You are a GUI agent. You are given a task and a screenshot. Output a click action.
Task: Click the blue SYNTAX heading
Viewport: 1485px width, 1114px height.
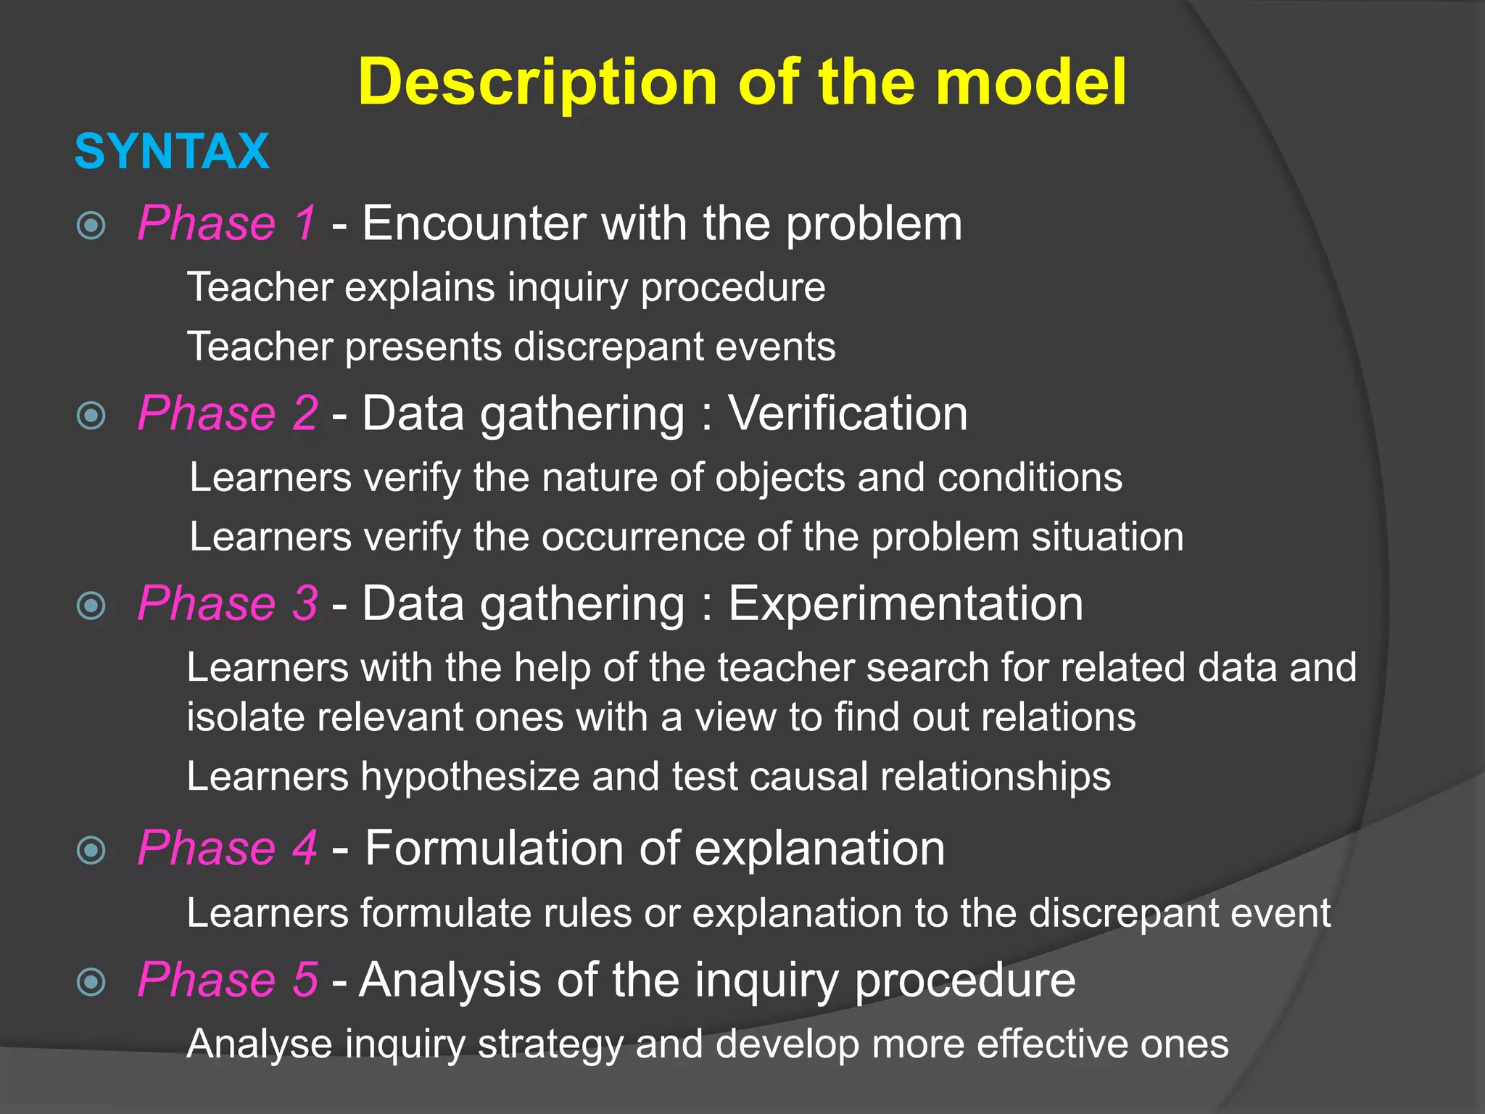point(172,152)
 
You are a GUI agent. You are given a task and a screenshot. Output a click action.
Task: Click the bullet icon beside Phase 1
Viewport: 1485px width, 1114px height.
point(91,226)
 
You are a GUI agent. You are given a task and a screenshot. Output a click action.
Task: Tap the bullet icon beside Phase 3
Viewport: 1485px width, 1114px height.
point(91,606)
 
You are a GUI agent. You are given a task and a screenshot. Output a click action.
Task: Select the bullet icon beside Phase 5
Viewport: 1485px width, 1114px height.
point(91,983)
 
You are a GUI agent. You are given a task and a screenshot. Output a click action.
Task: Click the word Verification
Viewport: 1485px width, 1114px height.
point(848,413)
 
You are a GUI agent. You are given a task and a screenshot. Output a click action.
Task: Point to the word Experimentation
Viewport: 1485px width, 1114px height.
point(906,603)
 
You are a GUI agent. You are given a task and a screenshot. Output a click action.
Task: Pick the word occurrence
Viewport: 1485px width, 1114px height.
point(643,537)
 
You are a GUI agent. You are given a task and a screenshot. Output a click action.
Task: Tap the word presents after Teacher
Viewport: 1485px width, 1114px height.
point(423,347)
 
